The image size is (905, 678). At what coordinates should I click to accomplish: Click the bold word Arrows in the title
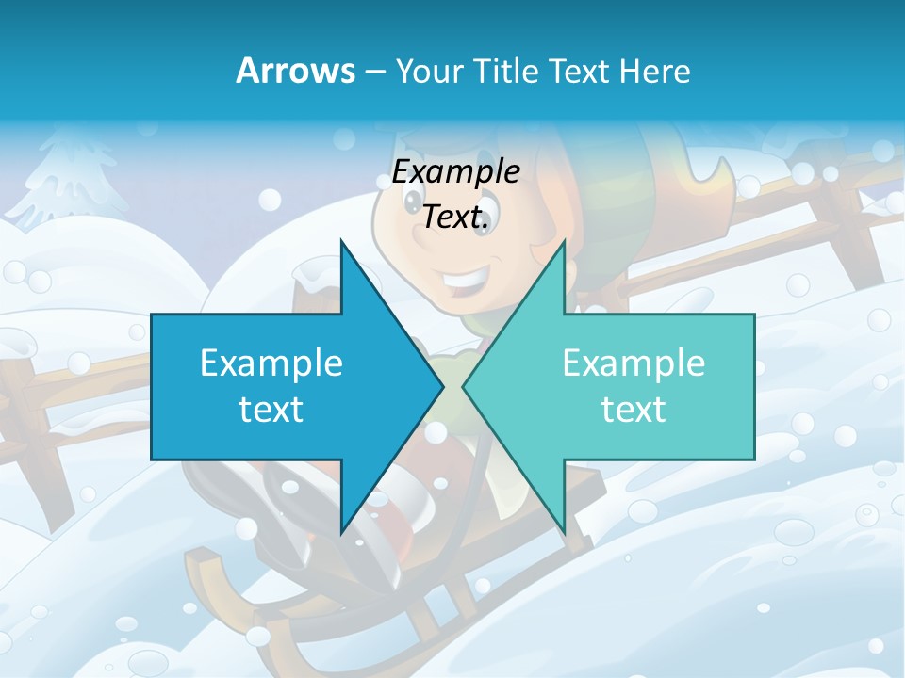click(x=295, y=71)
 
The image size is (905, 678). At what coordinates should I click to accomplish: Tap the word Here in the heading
click(x=654, y=71)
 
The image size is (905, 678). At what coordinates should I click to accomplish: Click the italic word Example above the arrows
click(x=455, y=172)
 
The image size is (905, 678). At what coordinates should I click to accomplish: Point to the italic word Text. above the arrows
click(x=455, y=217)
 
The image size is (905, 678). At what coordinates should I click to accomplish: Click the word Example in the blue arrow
click(x=271, y=363)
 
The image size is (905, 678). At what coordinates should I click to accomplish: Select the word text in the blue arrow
click(x=271, y=409)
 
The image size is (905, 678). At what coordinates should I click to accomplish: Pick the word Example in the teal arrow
click(x=633, y=363)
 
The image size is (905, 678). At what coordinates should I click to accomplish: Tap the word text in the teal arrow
click(x=633, y=409)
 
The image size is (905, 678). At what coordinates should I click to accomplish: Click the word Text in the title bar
click(x=578, y=71)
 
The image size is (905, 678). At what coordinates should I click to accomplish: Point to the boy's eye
click(x=417, y=200)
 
